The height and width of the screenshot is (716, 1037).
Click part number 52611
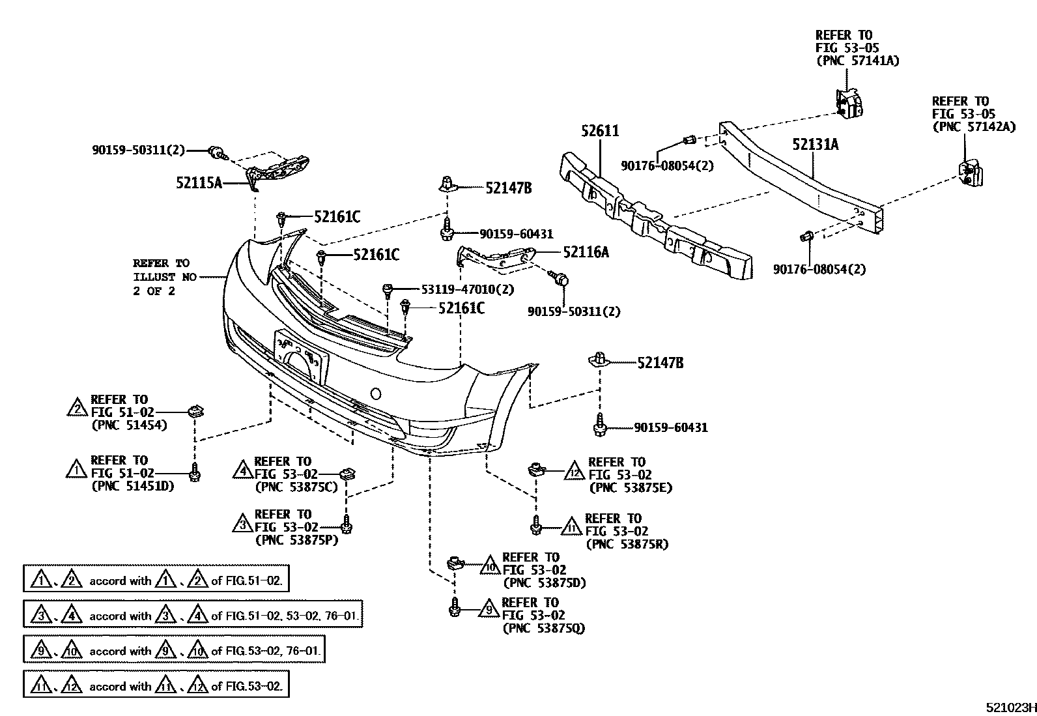coord(600,131)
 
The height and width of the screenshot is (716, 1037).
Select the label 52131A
coord(815,145)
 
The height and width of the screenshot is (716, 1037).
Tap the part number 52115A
coord(199,183)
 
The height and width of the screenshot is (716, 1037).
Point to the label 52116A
coord(586,251)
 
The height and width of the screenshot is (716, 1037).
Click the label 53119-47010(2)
coord(458,289)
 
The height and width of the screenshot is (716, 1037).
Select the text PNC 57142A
coord(974,127)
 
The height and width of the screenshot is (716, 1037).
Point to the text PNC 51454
coord(129,425)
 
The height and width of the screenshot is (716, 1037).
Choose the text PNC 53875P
coord(296,539)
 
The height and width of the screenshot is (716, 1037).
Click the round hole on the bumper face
coord(375,394)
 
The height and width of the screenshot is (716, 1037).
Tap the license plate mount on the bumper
coord(301,355)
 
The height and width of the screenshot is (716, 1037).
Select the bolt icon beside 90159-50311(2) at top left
coord(215,152)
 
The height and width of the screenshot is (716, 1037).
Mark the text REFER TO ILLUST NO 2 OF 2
coord(161,277)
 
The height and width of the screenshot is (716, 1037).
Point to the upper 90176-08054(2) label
coord(667,166)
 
